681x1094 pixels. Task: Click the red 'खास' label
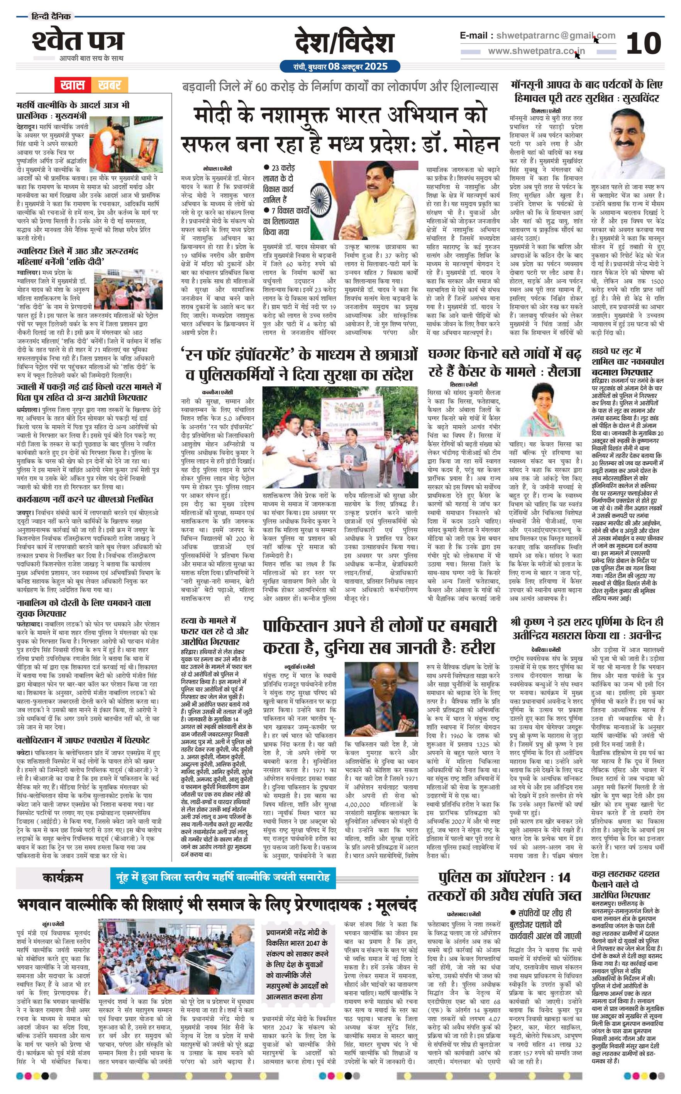73,84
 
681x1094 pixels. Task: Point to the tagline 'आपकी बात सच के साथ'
91,58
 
